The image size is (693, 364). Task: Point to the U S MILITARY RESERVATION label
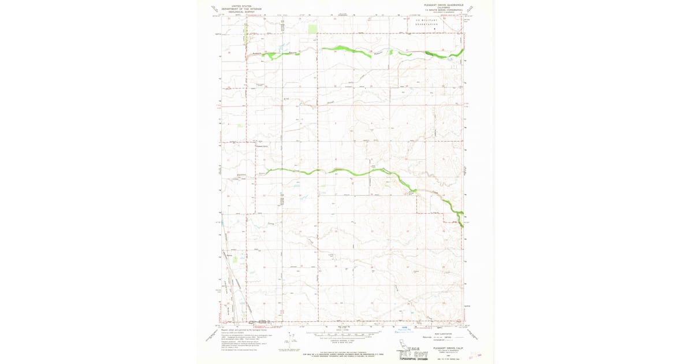coord(427,23)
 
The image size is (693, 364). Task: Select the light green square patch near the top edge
coord(313,28)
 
